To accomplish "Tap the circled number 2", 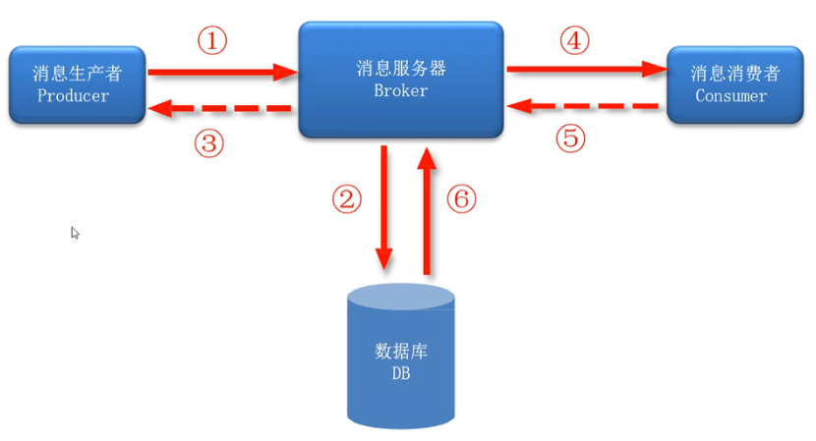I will click(x=346, y=199).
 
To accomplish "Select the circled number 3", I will click(x=208, y=144).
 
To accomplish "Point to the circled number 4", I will click(x=575, y=41).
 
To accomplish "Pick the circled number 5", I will click(x=570, y=138).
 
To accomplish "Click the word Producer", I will click(x=73, y=95).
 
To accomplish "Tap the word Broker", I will click(x=400, y=90).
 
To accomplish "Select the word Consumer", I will click(x=730, y=95).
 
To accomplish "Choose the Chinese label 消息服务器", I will click(x=401, y=69).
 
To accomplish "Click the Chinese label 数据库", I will click(x=401, y=352).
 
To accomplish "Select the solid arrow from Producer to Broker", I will click(x=222, y=72).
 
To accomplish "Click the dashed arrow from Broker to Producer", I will click(x=220, y=109).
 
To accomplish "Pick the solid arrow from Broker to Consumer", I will click(x=586, y=69).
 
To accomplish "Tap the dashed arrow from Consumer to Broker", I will click(x=586, y=104).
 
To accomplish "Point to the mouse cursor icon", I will click(x=75, y=233).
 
